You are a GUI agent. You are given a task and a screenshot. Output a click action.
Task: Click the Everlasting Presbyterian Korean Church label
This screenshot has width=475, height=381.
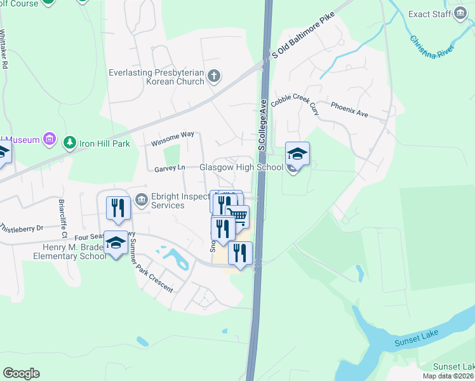click(156, 77)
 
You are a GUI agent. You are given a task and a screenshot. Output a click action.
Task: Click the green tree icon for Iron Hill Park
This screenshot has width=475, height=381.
click(70, 143)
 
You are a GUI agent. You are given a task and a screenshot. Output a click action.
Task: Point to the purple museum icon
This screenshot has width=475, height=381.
click(50, 139)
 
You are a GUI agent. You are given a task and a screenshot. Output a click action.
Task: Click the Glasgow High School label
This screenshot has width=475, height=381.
click(241, 168)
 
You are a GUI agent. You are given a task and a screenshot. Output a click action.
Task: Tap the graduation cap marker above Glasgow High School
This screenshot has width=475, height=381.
click(297, 154)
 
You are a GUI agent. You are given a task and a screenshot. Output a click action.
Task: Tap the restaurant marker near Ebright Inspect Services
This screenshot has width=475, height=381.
click(118, 208)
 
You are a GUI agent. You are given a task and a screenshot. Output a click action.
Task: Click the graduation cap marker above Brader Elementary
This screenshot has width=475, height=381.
click(116, 243)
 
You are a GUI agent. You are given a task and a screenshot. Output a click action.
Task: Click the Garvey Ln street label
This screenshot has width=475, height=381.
click(169, 169)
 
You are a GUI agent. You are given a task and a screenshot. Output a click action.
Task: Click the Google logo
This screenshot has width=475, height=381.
click(21, 373)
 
